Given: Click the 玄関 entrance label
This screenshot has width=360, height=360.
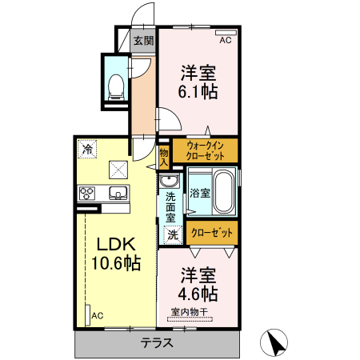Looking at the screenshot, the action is pyautogui.click(x=144, y=41).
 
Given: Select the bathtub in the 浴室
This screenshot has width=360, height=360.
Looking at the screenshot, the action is pyautogui.click(x=224, y=192).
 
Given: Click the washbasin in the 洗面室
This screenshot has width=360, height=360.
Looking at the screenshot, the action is pyautogui.click(x=169, y=181).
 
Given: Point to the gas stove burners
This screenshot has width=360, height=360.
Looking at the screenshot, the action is pyautogui.click(x=87, y=194).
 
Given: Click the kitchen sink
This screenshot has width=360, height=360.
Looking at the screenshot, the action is pyautogui.click(x=118, y=193).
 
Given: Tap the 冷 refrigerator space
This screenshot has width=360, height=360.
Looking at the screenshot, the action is pyautogui.click(x=87, y=150).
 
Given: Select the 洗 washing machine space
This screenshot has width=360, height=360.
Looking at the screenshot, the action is pyautogui.click(x=173, y=235).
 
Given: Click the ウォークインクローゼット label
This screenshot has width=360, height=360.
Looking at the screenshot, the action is pyautogui.click(x=205, y=150).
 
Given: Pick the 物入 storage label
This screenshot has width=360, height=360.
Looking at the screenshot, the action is pyautogui.click(x=164, y=158).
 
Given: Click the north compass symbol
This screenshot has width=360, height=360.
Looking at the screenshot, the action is pyautogui.click(x=274, y=342).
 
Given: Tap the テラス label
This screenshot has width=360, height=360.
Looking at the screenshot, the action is pyautogui.click(x=157, y=342).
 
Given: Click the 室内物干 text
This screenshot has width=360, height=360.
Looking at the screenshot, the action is pyautogui.click(x=190, y=311).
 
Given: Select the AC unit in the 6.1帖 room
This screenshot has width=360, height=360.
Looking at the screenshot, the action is pyautogui.click(x=226, y=33).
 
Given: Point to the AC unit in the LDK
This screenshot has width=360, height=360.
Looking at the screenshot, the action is pyautogui.click(x=88, y=315).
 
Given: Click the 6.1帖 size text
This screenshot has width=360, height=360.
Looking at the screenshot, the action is pyautogui.click(x=198, y=92).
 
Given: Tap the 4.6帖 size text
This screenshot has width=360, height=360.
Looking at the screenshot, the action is pyautogui.click(x=198, y=294).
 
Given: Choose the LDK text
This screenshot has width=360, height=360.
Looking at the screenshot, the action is pyautogui.click(x=116, y=244).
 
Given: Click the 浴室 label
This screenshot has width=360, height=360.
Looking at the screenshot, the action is pyautogui.click(x=200, y=193).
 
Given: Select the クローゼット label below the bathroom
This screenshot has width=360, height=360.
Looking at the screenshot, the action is pyautogui.click(x=212, y=233).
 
